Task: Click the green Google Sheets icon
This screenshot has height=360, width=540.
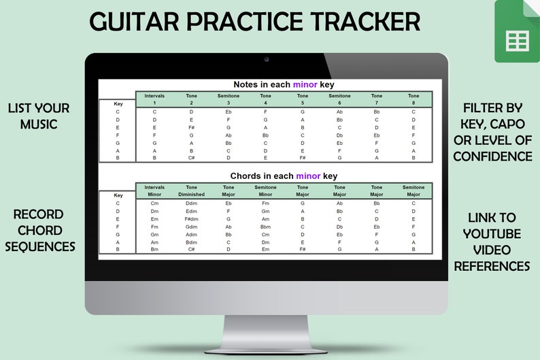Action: (516, 32)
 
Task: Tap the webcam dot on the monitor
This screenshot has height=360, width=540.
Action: (266, 60)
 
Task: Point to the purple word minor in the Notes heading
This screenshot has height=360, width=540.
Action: (305, 85)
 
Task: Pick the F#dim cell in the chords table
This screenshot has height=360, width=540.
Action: (192, 219)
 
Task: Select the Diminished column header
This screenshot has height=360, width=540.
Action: (192, 194)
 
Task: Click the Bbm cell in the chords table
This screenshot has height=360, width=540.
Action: (265, 227)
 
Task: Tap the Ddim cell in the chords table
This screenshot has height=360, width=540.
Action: (192, 203)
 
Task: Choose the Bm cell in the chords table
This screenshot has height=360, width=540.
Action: (154, 250)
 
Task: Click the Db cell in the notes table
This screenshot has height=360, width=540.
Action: (339, 135)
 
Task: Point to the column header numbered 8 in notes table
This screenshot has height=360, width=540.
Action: (414, 103)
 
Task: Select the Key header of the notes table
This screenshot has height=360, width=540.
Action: (118, 104)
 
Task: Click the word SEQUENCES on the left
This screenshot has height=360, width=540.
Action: (40, 246)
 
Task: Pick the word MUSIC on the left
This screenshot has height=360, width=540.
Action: (39, 123)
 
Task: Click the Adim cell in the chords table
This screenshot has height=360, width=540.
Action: (192, 235)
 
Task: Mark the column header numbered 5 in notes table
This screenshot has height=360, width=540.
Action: (303, 103)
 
